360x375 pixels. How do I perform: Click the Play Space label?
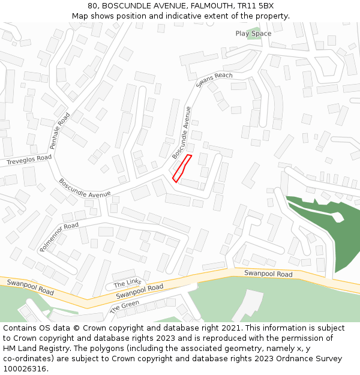pyautogui.click(x=253, y=34)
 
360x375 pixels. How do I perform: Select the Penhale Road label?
pyautogui.click(x=61, y=131)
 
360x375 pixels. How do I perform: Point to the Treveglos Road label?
pyautogui.click(x=29, y=160)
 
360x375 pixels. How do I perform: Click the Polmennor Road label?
pyautogui.click(x=59, y=236)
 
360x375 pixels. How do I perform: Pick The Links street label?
pyautogui.click(x=127, y=283)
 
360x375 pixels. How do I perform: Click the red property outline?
pyautogui.click(x=182, y=168)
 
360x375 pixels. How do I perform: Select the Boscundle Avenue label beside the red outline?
pyautogui.click(x=182, y=133)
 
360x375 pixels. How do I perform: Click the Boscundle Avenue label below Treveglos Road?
pyautogui.click(x=85, y=188)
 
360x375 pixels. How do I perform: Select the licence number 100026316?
pyautogui.click(x=25, y=369)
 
